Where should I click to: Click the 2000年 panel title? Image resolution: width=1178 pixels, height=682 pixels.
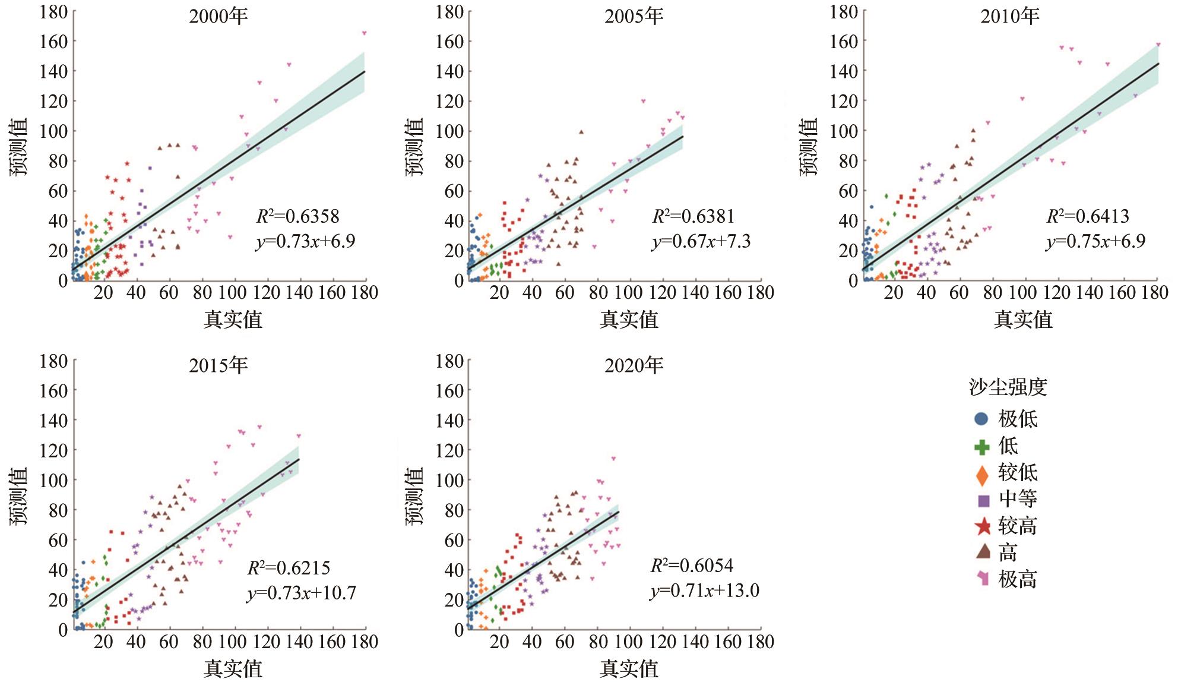(x=218, y=16)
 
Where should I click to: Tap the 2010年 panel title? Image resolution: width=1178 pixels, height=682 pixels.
(x=1009, y=16)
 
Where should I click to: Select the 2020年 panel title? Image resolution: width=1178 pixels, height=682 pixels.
(x=634, y=365)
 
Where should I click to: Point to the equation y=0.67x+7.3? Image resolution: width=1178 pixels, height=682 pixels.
(x=701, y=242)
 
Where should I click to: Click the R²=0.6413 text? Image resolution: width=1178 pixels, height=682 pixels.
(x=1087, y=216)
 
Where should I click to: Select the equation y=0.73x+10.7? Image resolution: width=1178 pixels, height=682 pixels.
(x=301, y=593)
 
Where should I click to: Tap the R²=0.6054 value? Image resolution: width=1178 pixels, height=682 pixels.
(x=692, y=566)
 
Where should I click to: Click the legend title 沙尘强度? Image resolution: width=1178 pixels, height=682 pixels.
(x=1008, y=387)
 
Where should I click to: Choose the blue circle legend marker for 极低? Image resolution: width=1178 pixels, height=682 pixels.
(x=981, y=419)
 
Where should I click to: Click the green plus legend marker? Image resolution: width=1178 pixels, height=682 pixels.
(x=982, y=447)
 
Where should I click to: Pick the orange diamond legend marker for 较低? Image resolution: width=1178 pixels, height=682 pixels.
(x=982, y=474)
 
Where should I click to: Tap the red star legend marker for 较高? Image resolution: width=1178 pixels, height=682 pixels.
(x=983, y=526)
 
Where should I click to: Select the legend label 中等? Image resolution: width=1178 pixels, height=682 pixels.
(x=1018, y=499)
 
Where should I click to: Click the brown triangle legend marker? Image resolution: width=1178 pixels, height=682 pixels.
(x=983, y=552)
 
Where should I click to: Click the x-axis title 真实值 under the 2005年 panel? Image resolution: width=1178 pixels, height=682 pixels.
(x=629, y=320)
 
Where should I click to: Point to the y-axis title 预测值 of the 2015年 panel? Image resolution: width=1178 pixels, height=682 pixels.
(x=19, y=496)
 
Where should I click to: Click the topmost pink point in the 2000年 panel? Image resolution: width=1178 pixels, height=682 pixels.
(x=364, y=33)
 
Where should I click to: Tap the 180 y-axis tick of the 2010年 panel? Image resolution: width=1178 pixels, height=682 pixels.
(x=843, y=12)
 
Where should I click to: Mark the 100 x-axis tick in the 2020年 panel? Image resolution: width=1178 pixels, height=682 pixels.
(x=628, y=642)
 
